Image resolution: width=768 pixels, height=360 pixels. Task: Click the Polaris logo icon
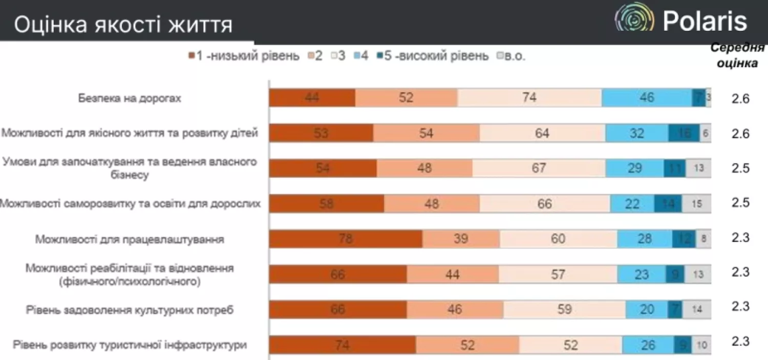(634, 21)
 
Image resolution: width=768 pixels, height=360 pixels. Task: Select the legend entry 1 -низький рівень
(244, 56)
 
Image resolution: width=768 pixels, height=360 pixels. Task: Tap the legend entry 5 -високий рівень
(433, 56)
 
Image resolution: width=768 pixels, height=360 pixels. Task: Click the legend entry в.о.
(511, 56)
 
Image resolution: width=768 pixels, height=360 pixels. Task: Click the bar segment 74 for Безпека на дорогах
(529, 97)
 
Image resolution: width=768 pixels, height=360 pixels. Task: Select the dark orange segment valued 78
(346, 239)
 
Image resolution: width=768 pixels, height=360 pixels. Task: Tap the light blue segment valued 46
(647, 97)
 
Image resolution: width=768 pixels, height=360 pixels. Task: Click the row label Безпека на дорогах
(129, 98)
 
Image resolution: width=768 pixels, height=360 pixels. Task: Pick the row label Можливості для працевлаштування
(129, 239)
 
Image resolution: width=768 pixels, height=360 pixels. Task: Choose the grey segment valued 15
(696, 204)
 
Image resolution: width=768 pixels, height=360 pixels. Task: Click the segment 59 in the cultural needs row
(564, 310)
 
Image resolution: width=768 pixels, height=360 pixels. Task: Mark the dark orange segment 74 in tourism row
(342, 345)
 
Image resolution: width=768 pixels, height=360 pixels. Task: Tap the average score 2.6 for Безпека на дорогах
(740, 99)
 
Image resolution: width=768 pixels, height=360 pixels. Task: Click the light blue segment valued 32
(637, 133)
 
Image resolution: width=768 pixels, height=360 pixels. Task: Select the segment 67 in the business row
(539, 168)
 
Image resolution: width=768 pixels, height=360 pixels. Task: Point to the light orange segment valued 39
(461, 239)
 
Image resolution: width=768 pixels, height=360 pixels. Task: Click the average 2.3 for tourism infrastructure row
(740, 342)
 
